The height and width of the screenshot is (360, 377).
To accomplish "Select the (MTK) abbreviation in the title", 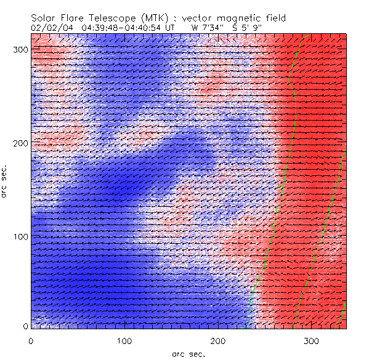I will (153, 18).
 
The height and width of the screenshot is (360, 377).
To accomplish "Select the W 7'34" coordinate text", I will (206, 27).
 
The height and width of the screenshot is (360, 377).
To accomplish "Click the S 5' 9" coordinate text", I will (245, 27).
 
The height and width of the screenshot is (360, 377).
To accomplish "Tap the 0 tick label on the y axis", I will (24, 326).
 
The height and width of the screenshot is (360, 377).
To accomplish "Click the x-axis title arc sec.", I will (188, 354).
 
